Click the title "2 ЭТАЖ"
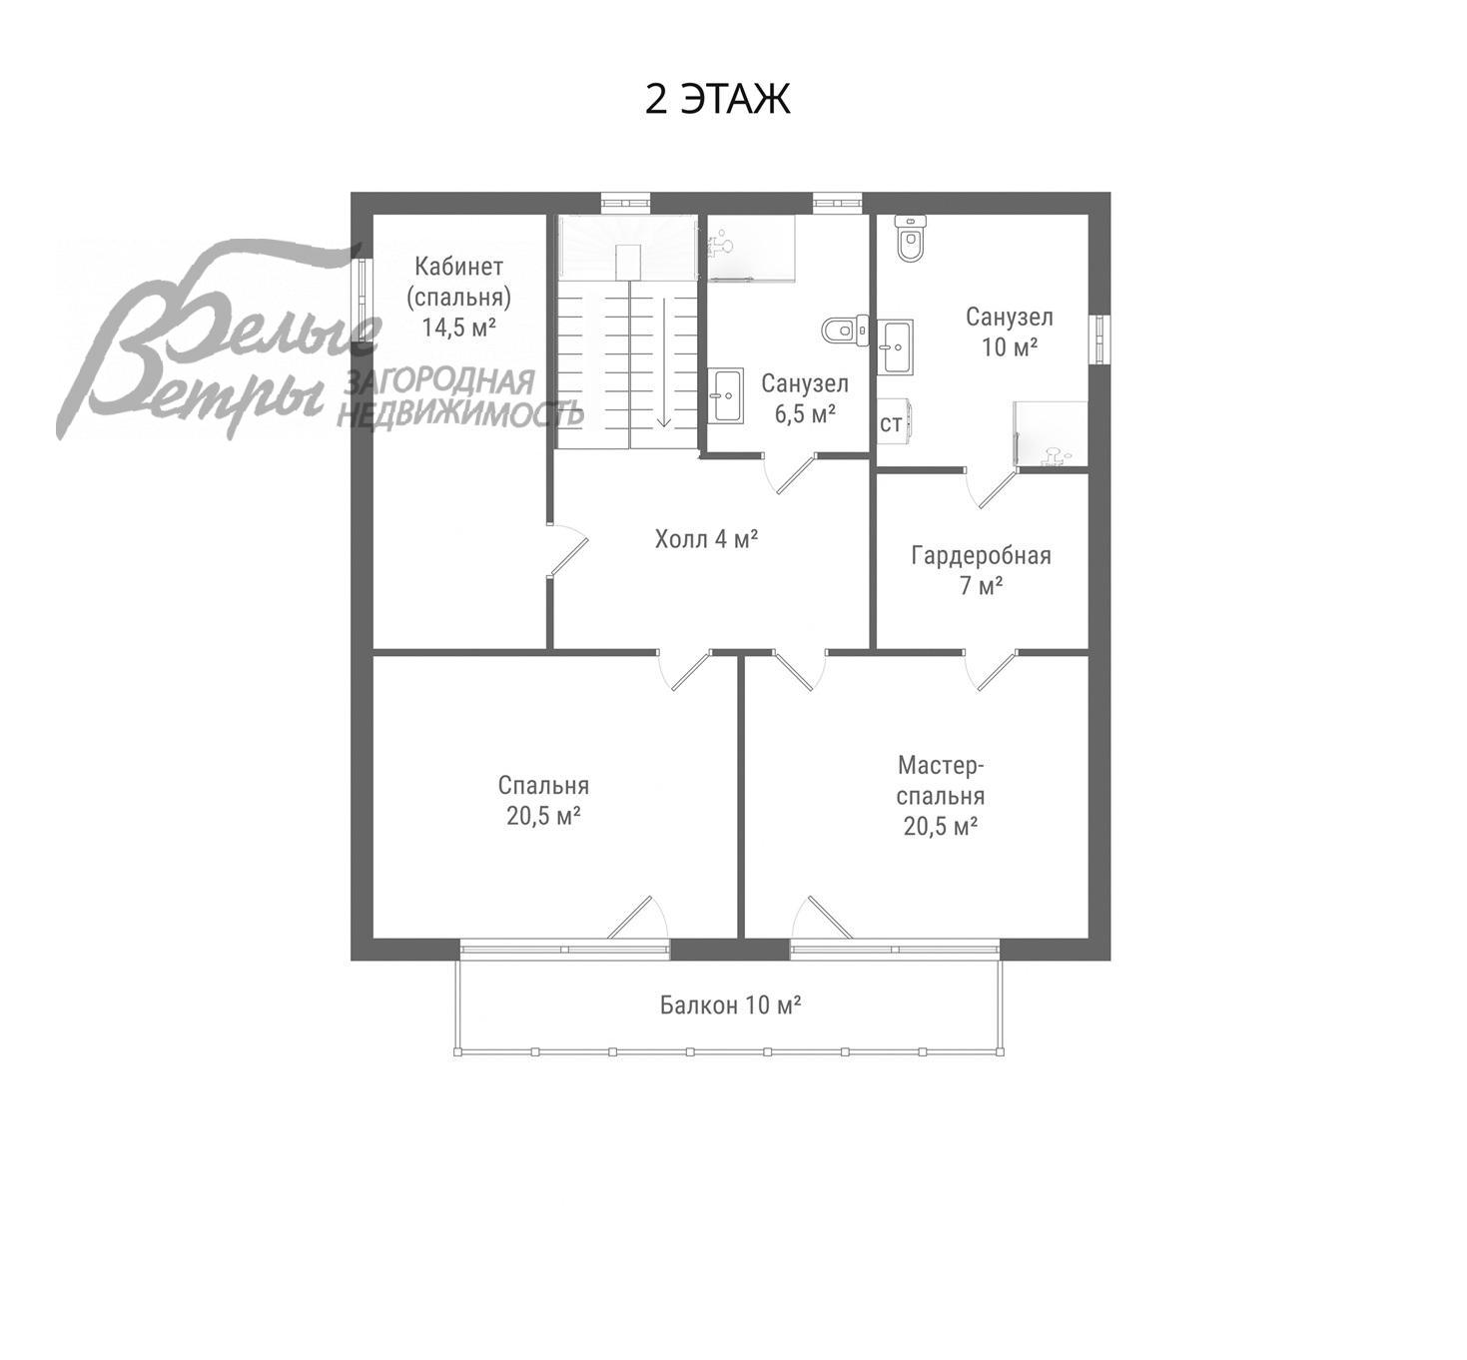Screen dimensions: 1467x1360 coord(717,99)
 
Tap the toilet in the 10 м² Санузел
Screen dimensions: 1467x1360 coord(910,238)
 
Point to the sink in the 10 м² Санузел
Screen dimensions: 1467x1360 coord(895,346)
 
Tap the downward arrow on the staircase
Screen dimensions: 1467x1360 coord(663,362)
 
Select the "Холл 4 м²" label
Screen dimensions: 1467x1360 coord(707,539)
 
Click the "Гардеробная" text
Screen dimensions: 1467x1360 coord(981,555)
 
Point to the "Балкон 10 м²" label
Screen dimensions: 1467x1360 coord(731,1005)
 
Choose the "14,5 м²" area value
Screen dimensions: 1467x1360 coord(458,327)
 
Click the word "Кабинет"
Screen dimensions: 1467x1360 coord(458,266)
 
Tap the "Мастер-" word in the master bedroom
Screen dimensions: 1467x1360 coord(941,765)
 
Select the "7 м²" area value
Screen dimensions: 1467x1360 coord(981,586)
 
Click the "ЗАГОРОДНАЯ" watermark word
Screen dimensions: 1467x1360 coord(440,382)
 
